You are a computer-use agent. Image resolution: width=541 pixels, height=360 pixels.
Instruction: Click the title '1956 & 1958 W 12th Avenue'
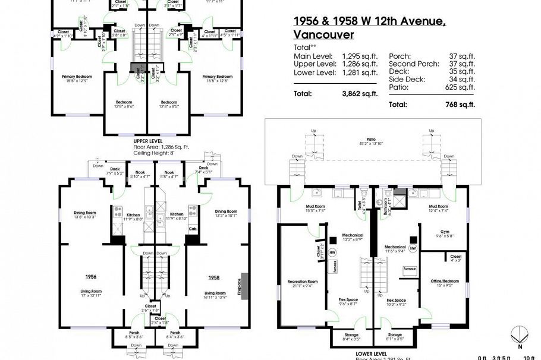click(x=370, y=21)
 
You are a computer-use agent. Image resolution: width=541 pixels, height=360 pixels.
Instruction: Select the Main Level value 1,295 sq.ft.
click(x=360, y=56)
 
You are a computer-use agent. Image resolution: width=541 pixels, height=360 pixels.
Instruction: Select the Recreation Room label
click(x=303, y=283)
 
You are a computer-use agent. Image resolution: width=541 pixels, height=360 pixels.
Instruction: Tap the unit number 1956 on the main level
click(x=91, y=277)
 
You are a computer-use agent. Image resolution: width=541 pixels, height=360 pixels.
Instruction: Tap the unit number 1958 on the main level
click(x=215, y=277)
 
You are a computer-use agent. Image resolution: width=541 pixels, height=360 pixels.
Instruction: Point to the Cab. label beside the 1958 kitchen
click(x=193, y=228)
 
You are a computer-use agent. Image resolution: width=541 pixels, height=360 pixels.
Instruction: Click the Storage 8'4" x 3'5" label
click(x=352, y=337)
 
